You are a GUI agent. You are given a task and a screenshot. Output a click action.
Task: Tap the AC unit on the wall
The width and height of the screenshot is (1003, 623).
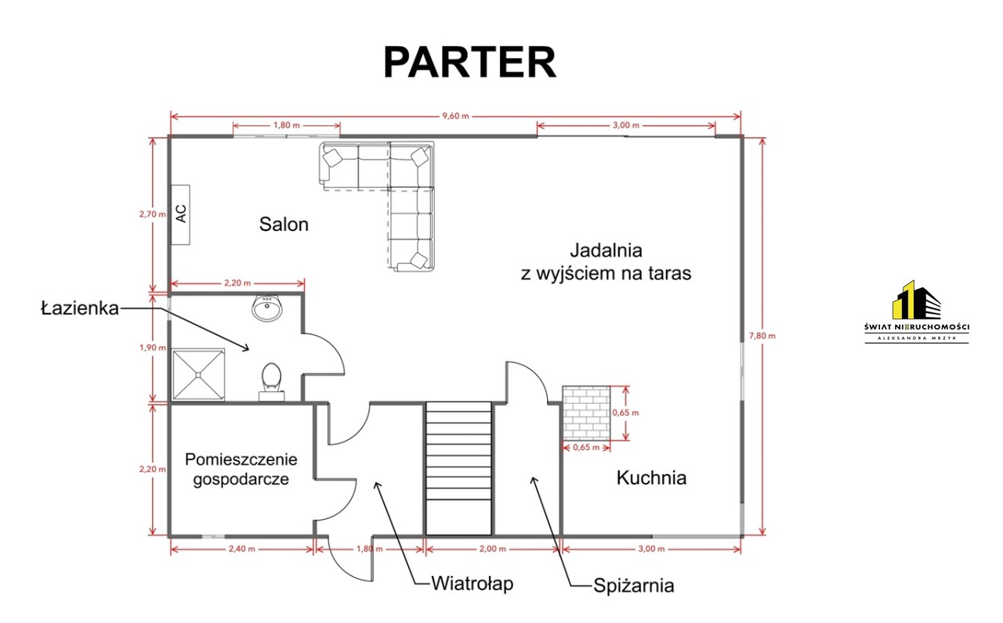(181, 214)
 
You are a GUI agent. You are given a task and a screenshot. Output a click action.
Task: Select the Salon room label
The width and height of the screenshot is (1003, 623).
(284, 224)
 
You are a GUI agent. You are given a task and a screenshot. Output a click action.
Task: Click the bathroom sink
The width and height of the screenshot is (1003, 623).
(267, 308)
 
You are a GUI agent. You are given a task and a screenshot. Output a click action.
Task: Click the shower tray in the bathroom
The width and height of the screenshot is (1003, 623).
(198, 374)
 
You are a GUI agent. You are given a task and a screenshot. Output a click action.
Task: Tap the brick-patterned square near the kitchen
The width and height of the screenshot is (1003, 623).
(586, 412)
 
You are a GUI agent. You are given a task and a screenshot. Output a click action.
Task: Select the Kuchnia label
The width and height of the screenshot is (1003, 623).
(651, 477)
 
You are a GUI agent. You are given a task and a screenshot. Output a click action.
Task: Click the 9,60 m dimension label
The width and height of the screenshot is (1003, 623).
(455, 116)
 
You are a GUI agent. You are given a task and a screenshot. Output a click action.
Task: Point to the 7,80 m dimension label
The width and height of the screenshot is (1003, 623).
(762, 336)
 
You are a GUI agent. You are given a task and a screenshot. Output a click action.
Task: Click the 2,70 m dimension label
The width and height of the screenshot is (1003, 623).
(152, 214)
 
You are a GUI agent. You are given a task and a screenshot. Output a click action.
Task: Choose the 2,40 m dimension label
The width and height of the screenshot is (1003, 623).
(242, 549)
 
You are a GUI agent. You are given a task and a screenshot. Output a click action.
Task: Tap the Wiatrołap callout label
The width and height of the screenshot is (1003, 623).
(473, 584)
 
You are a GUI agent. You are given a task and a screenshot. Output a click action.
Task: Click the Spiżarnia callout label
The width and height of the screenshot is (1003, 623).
(634, 585)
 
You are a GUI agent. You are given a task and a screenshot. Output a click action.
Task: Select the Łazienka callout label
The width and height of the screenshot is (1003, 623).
(80, 308)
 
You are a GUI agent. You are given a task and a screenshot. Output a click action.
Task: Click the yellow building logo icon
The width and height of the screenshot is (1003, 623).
(916, 300)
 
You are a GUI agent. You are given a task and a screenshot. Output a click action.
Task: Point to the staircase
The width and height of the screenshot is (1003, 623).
(458, 468)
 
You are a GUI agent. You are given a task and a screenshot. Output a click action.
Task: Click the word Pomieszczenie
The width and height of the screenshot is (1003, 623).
(241, 459)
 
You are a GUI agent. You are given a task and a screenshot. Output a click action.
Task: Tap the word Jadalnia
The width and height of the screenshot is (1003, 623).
(606, 250)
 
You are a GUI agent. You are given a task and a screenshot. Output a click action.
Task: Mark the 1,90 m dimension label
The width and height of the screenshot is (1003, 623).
(152, 348)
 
